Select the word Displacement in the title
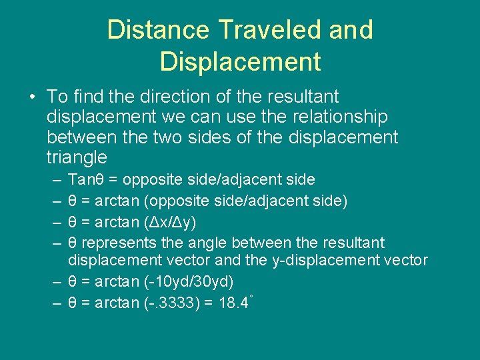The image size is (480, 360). coord(240,61)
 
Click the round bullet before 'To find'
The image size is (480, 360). coord(32,98)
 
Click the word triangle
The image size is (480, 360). coord(77,157)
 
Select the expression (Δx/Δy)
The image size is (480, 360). coord(170,221)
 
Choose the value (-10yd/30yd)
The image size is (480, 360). coord(189,281)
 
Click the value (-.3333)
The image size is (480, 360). coord(172,303)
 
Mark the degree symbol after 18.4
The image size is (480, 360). coord(251,297)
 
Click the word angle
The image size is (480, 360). coord(212,241)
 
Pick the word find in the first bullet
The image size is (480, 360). coord(89,97)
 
